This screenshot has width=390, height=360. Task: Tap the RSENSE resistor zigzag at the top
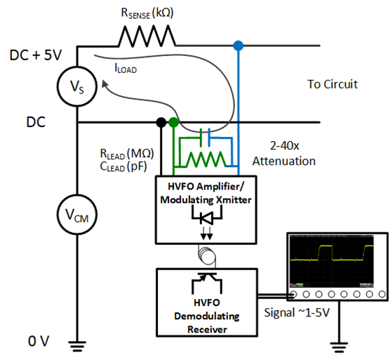click(x=147, y=36)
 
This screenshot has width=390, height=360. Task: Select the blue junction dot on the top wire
click(x=238, y=46)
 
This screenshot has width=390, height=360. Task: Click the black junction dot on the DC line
click(x=161, y=122)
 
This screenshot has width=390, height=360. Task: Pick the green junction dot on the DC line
click(x=174, y=122)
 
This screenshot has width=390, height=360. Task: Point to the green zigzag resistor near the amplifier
click(x=206, y=159)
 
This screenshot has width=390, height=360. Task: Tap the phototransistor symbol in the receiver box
click(x=207, y=283)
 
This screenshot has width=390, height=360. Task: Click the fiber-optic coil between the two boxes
click(x=207, y=256)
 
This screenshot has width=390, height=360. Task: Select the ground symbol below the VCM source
click(x=77, y=347)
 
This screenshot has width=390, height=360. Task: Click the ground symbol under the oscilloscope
click(x=339, y=347)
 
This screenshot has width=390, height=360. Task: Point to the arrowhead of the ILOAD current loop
click(x=105, y=84)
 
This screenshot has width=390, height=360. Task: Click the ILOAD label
click(x=126, y=68)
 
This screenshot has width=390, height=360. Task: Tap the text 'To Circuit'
click(x=332, y=84)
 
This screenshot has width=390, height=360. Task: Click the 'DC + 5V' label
click(x=36, y=55)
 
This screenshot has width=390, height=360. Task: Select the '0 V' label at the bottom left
click(x=39, y=341)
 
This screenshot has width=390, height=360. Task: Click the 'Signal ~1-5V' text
click(x=297, y=312)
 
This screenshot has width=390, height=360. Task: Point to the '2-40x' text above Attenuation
click(x=285, y=145)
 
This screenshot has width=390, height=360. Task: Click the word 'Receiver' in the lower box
click(x=207, y=330)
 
